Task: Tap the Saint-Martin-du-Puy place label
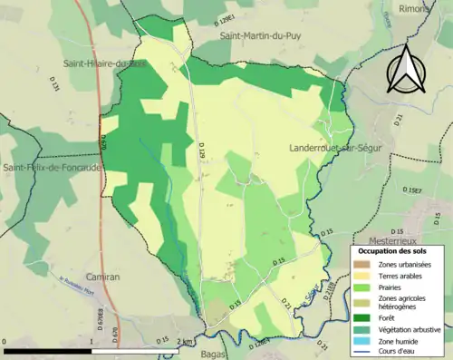click(x=260, y=35)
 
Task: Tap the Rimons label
click(x=414, y=8)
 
